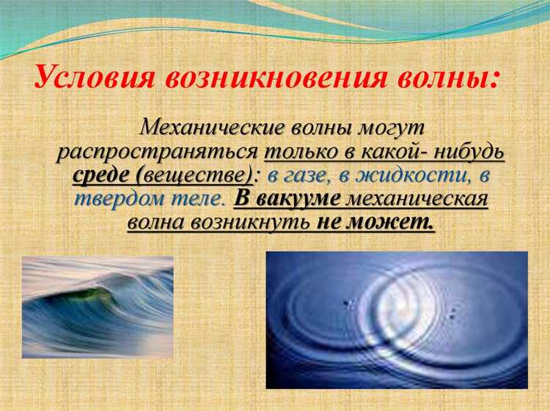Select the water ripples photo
pos(397,319)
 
